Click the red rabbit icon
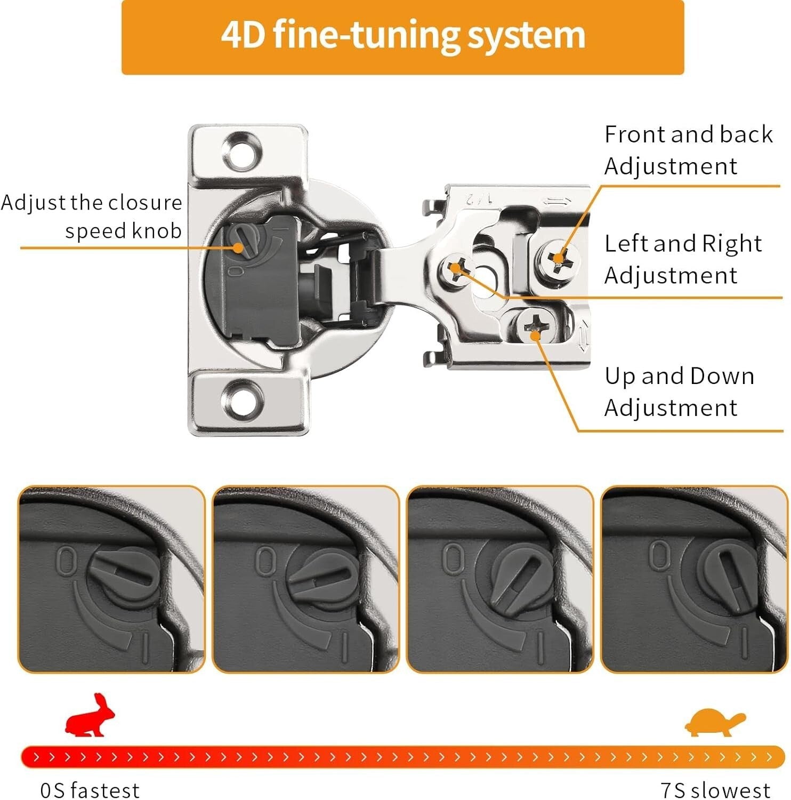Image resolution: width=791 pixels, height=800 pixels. pyautogui.click(x=90, y=716)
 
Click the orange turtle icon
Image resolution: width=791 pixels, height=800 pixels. pyautogui.click(x=715, y=723)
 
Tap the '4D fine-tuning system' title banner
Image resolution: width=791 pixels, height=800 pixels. pyautogui.click(x=402, y=36)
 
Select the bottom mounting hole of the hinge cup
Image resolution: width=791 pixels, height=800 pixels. pyautogui.click(x=243, y=398)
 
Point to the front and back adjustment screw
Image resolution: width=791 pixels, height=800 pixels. pyautogui.click(x=558, y=260)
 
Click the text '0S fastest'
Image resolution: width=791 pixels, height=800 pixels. pyautogui.click(x=90, y=789)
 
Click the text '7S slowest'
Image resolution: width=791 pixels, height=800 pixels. pyautogui.click(x=715, y=789)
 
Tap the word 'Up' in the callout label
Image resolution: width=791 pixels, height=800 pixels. pyautogui.click(x=619, y=377)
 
